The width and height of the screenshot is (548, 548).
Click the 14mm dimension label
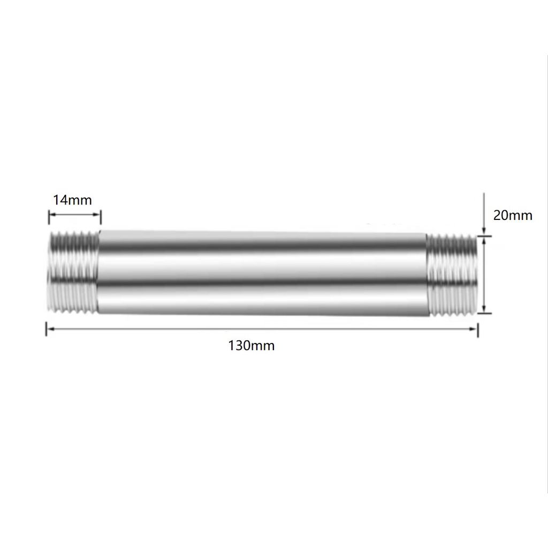point(72,200)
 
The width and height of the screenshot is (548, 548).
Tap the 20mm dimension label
point(513,215)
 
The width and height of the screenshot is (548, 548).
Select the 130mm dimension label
point(252,346)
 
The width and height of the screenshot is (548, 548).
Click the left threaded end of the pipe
point(73,272)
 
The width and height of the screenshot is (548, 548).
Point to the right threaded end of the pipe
point(452,276)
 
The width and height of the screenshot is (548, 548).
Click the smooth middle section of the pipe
point(263,273)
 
